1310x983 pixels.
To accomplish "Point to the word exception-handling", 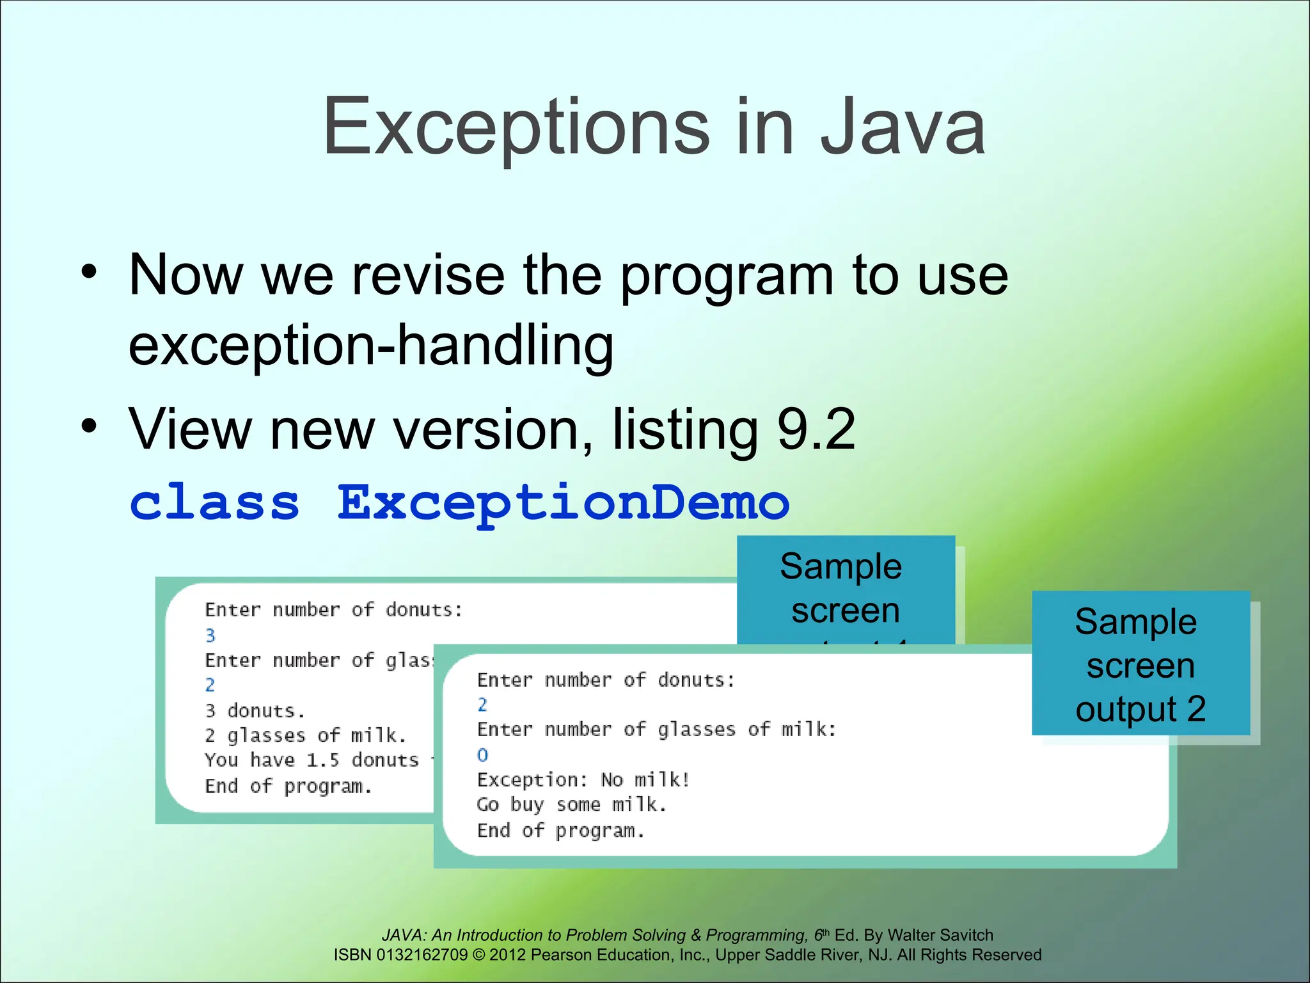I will [371, 346].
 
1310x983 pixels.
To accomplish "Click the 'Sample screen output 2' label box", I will [1140, 664].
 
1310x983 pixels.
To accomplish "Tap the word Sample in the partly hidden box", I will [840, 567].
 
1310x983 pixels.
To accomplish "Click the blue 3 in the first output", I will [210, 635].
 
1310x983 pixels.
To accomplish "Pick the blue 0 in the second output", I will [482, 755].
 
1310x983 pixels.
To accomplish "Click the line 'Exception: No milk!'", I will [583, 779].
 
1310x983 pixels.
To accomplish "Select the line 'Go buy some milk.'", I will [572, 804].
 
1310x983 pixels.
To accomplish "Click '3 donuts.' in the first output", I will [255, 710].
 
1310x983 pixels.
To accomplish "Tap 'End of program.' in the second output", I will [560, 831].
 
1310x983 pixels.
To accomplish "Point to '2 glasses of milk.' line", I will [305, 735].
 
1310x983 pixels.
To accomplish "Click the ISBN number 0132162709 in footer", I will [422, 955].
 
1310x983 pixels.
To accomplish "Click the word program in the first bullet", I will [727, 276].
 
